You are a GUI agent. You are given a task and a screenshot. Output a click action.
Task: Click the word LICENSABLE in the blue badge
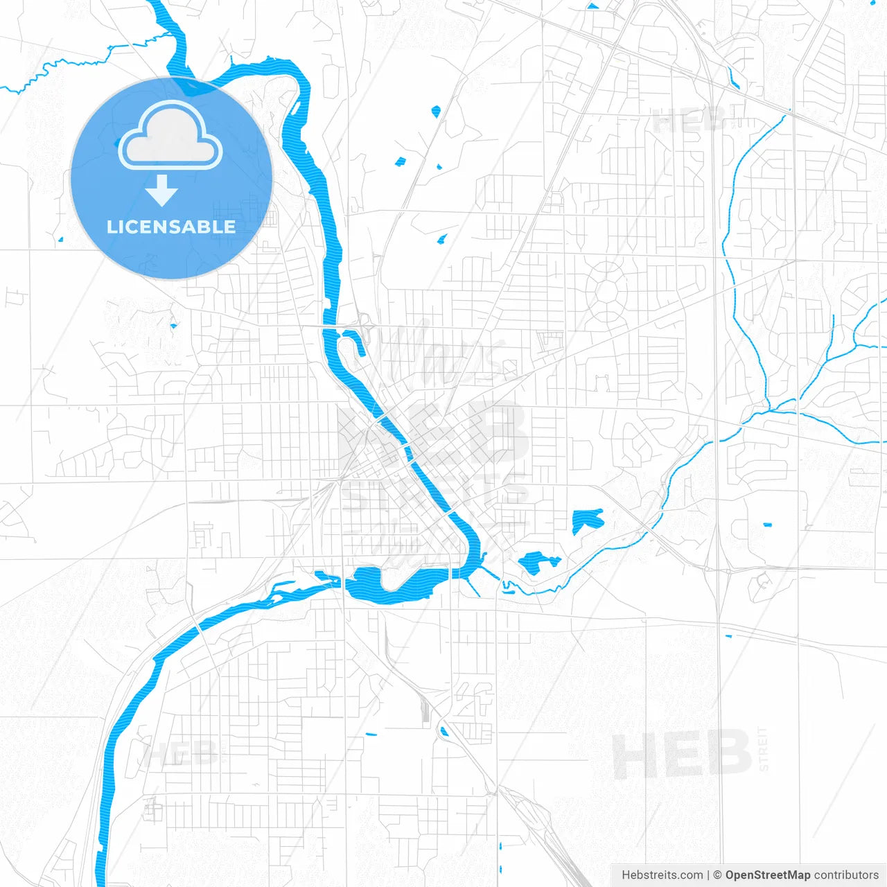[x=171, y=227]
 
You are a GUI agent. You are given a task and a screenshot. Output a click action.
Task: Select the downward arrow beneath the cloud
[x=162, y=191]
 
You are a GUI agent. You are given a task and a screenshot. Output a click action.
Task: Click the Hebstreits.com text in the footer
[x=662, y=875]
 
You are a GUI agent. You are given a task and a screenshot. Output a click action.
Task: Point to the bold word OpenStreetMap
[x=768, y=875]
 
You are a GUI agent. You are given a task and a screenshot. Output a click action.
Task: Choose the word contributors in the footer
[x=846, y=875]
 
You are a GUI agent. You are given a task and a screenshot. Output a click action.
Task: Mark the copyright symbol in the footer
[x=717, y=875]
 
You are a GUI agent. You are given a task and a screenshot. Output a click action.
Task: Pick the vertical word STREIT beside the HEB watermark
[x=764, y=749]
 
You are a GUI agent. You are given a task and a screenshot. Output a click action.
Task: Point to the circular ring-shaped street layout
[x=606, y=292]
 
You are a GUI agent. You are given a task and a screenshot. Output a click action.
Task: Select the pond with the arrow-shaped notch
[x=587, y=520]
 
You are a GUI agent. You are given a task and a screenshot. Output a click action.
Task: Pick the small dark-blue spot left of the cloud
[x=116, y=143]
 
